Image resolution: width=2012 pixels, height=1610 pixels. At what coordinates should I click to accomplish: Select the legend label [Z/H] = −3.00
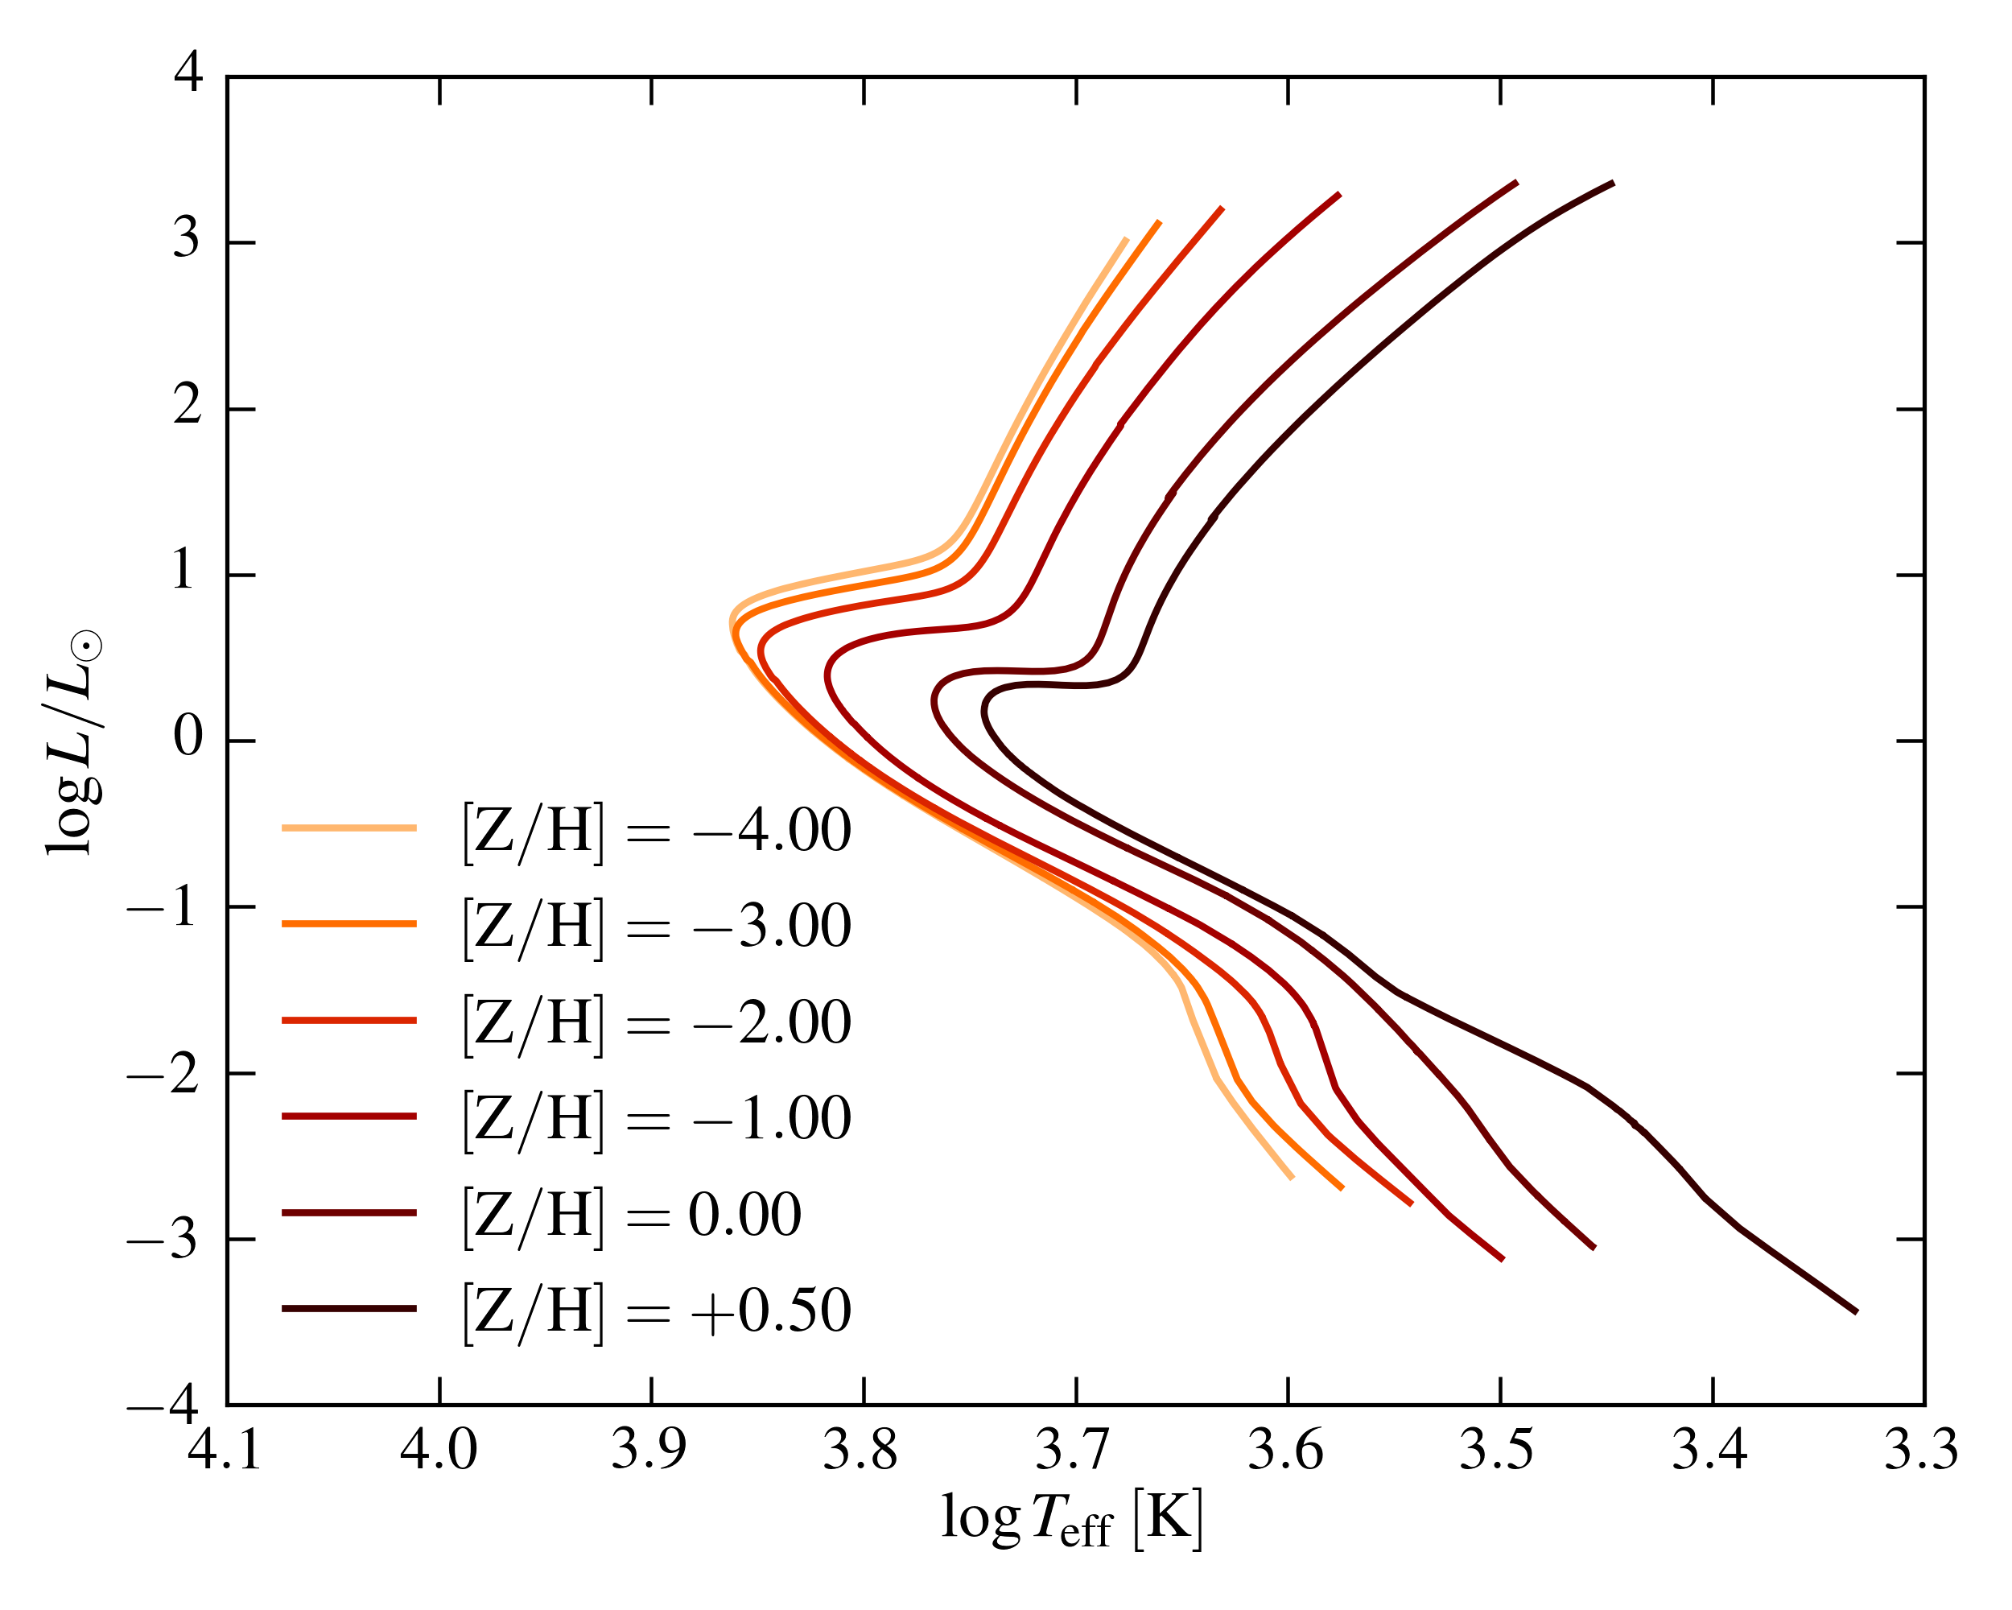coord(656,925)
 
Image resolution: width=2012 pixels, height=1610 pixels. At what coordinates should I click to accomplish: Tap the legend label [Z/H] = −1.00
coord(656,1117)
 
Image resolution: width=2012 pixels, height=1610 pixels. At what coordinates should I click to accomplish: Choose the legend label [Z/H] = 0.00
coord(632,1213)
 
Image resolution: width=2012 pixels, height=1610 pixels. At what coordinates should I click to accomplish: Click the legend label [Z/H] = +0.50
coord(656,1310)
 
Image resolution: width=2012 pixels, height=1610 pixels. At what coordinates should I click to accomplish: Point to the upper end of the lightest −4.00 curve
coord(1128,239)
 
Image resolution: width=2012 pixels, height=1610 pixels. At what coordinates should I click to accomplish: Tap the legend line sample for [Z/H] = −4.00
coord(349,828)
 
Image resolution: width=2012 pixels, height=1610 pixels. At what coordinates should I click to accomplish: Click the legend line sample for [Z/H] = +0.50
coord(349,1309)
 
